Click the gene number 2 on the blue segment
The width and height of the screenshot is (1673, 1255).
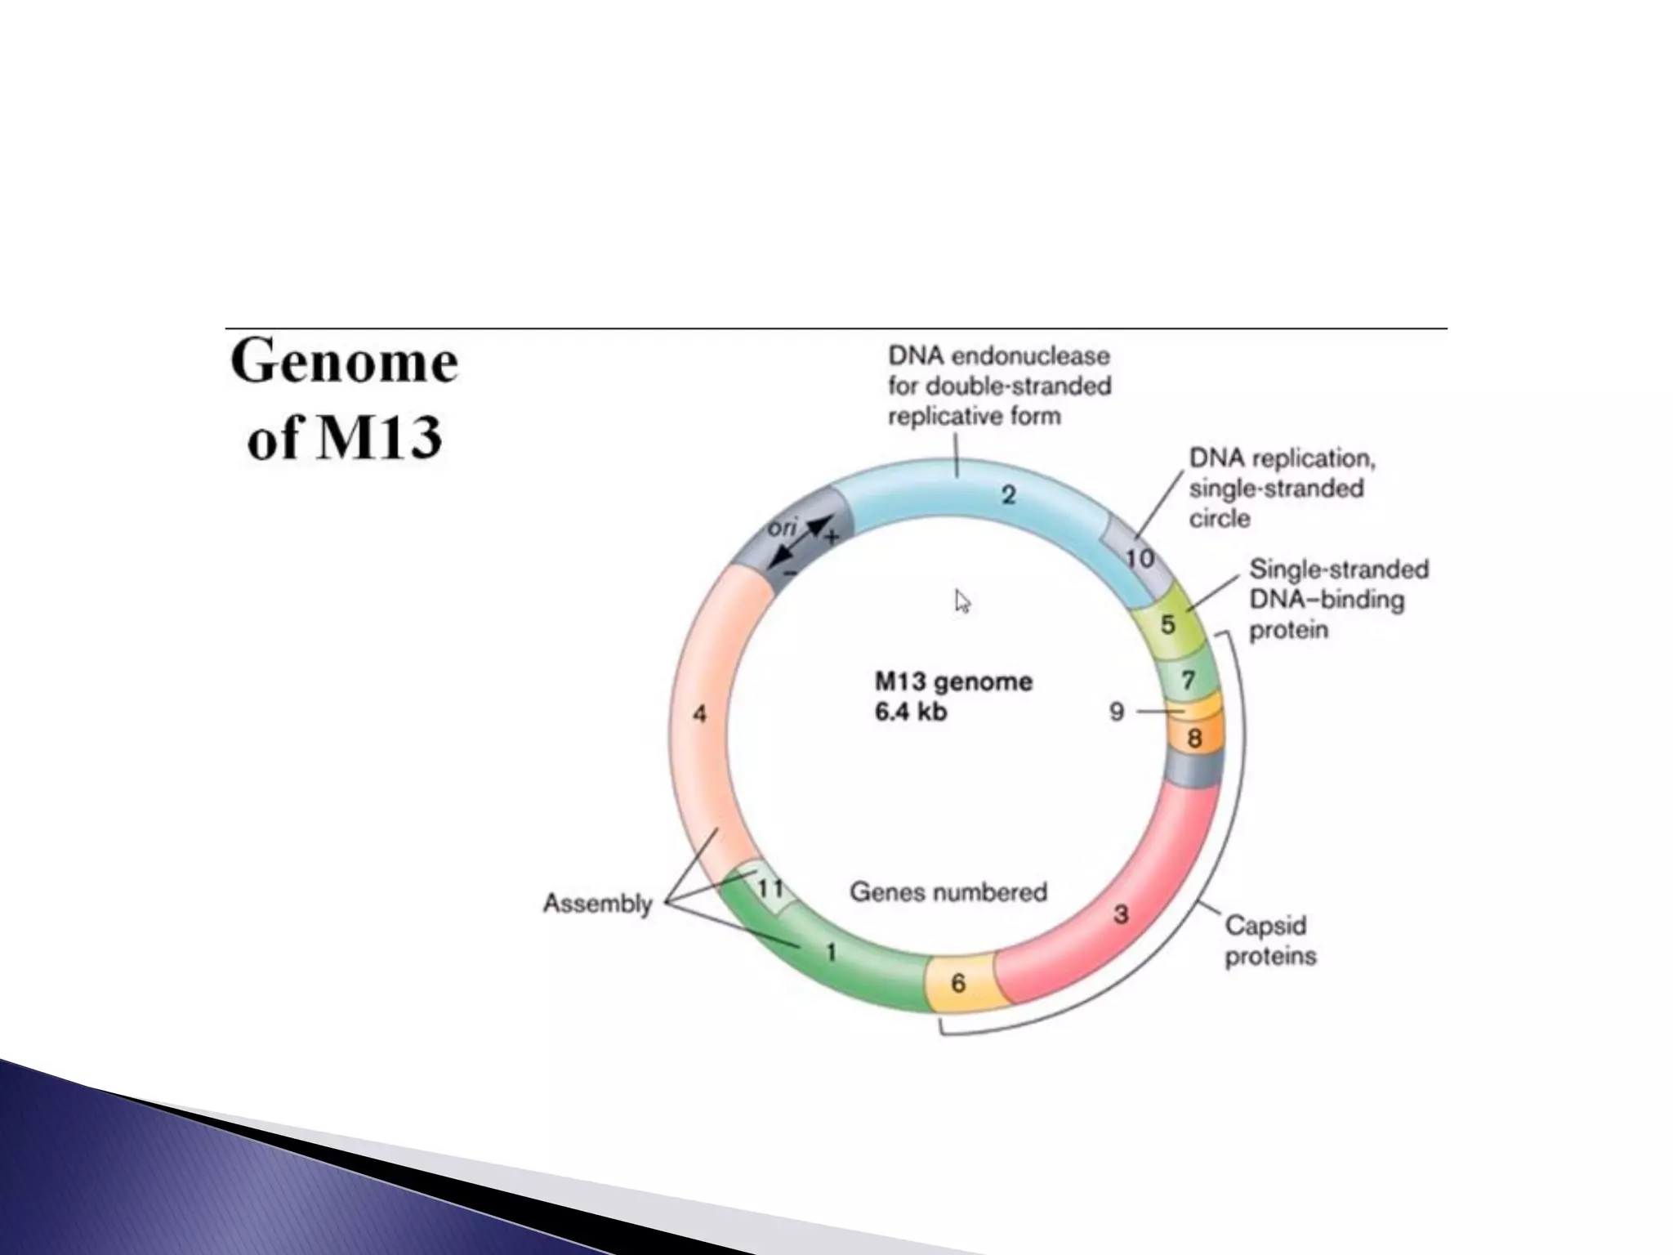tap(1009, 494)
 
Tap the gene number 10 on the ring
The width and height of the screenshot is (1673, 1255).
tap(1140, 559)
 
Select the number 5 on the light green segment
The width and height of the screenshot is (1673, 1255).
tap(1168, 625)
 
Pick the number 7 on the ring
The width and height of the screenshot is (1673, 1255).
tap(1189, 680)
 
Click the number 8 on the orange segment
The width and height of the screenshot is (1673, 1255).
tap(1194, 739)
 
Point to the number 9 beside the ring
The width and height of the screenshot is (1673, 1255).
tap(1118, 712)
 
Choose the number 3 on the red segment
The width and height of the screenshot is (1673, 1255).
tap(1122, 914)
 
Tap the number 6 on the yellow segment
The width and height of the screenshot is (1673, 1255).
tap(959, 983)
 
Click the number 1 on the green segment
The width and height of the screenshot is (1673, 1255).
tap(832, 953)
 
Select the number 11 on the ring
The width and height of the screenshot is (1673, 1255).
tap(770, 888)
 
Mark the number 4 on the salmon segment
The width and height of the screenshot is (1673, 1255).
tap(700, 714)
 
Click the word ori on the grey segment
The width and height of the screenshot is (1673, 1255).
tap(782, 529)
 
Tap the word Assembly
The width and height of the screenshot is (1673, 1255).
tap(598, 904)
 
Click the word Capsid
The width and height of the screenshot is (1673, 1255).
tap(1266, 926)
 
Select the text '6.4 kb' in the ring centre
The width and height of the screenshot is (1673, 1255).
tap(911, 712)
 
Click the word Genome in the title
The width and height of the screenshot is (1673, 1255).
tap(344, 363)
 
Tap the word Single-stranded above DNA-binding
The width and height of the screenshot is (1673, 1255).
tap(1339, 569)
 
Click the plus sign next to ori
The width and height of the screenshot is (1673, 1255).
tap(832, 538)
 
